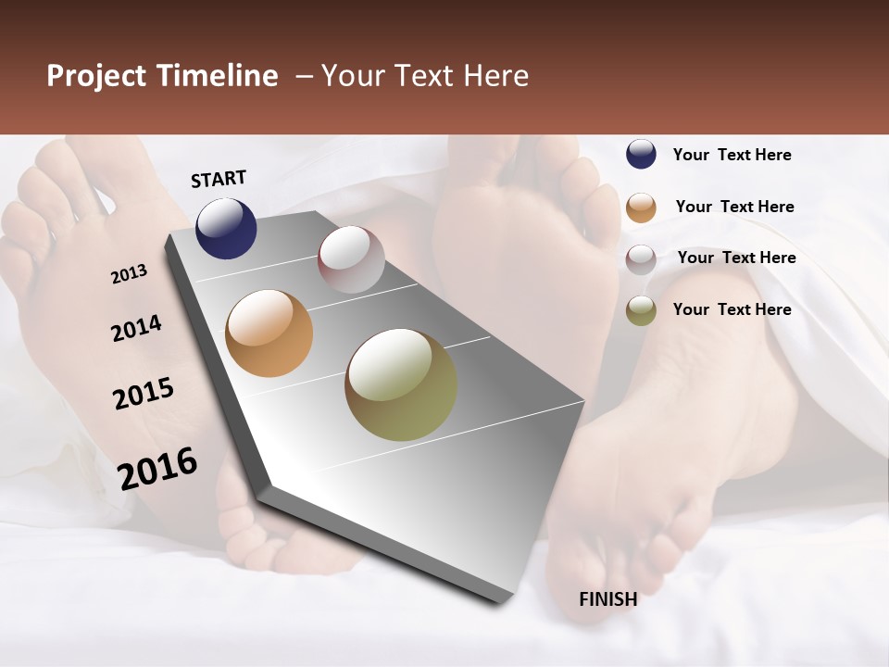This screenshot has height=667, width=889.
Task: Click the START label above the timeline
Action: point(219,179)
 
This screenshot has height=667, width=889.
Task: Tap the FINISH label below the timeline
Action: point(607,599)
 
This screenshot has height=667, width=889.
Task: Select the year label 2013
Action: point(129,274)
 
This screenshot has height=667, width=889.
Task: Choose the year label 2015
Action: point(144,394)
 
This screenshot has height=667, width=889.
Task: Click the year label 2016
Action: point(157,469)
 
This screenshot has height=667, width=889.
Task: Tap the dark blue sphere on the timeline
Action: point(226,228)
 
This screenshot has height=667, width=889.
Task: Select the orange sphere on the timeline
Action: point(269,333)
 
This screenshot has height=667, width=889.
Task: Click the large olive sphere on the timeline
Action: point(401,384)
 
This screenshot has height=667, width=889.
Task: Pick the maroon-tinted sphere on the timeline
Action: point(351,259)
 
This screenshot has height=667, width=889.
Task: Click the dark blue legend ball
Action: point(641,154)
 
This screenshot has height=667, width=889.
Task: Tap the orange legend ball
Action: point(641,207)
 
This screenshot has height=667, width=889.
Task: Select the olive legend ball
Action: point(641,310)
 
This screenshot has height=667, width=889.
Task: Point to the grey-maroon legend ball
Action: point(641,258)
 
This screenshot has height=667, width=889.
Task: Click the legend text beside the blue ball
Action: point(732,155)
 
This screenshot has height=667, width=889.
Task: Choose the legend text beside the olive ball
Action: point(732,309)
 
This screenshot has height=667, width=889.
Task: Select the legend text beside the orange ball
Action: point(734,207)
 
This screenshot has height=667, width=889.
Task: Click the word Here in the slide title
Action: point(495,76)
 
